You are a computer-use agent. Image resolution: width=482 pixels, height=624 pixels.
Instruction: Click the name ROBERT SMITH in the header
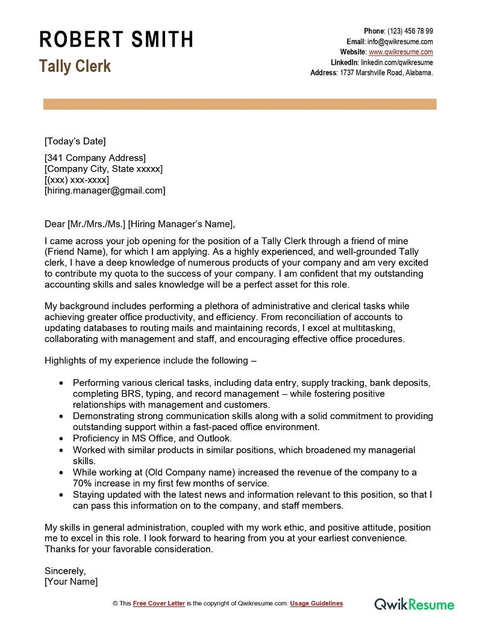(x=116, y=39)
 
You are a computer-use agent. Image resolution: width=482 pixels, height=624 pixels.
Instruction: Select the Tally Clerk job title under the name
(x=75, y=66)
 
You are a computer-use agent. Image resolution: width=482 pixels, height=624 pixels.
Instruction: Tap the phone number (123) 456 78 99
(x=410, y=31)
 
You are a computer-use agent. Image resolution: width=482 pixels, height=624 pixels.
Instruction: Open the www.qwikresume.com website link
(x=401, y=52)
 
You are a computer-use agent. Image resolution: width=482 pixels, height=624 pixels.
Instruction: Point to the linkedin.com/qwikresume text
(x=396, y=62)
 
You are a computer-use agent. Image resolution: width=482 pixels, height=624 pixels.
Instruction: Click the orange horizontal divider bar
(x=240, y=104)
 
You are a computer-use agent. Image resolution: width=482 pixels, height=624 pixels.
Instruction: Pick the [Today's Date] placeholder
(x=75, y=142)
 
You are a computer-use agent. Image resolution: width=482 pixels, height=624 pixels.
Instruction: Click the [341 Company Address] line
(x=95, y=158)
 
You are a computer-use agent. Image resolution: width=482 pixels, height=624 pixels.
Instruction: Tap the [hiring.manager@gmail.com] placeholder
(x=105, y=191)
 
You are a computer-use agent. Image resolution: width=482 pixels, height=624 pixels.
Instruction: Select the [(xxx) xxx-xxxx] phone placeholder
(x=77, y=180)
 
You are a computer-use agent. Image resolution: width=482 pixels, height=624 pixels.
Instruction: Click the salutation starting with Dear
(x=139, y=224)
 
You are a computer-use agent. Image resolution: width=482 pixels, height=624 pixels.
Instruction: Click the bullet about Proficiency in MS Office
(x=152, y=438)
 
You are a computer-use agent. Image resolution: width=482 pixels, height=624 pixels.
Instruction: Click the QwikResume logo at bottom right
(x=415, y=604)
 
